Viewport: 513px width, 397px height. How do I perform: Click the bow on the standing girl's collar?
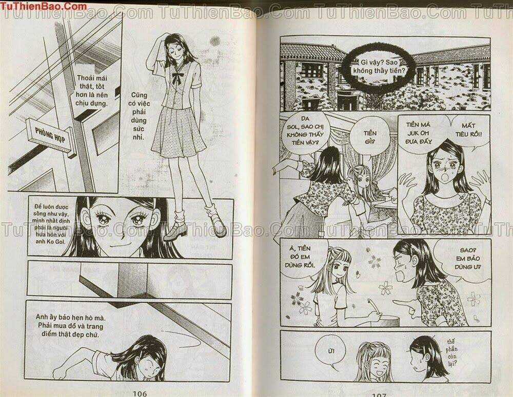tap(177, 79)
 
